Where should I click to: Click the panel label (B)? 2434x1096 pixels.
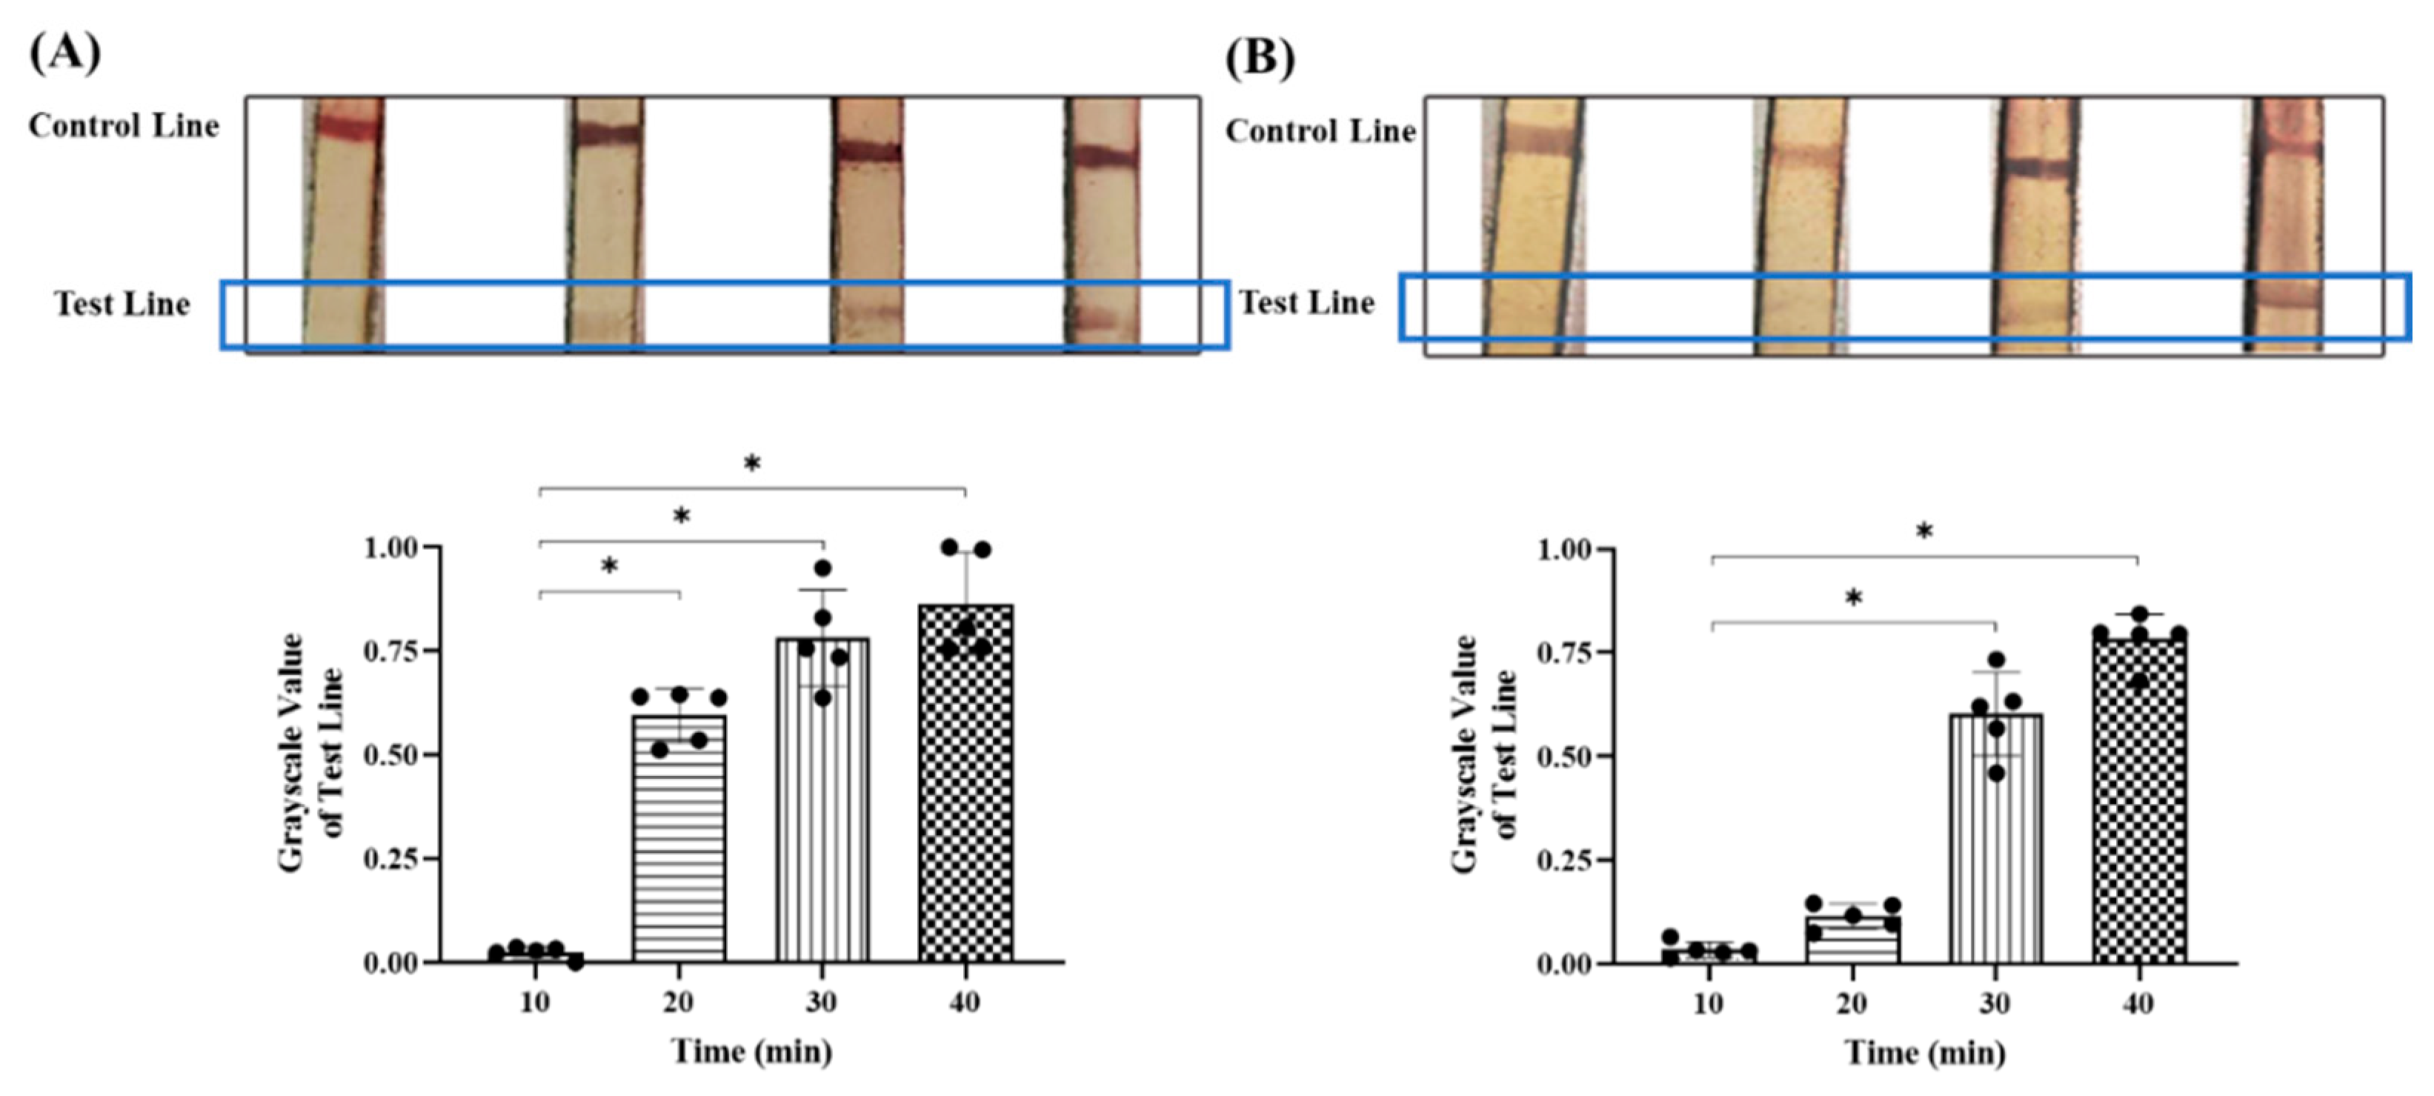1260,58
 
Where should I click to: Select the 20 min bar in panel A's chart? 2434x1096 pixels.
679,839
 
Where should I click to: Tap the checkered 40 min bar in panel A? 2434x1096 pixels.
965,784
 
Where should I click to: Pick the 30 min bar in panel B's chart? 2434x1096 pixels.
1995,839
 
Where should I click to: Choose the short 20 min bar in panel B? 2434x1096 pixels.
1852,940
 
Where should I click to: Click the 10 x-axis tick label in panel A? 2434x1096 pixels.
535,1002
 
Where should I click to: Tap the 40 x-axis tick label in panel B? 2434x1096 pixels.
2138,1003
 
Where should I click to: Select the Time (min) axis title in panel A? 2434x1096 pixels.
751,1051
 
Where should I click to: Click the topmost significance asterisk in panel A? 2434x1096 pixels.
751,464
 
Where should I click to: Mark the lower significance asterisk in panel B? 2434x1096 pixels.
1853,598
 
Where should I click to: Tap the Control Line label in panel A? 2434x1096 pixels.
124,126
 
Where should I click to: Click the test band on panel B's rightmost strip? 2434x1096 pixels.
2284,294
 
